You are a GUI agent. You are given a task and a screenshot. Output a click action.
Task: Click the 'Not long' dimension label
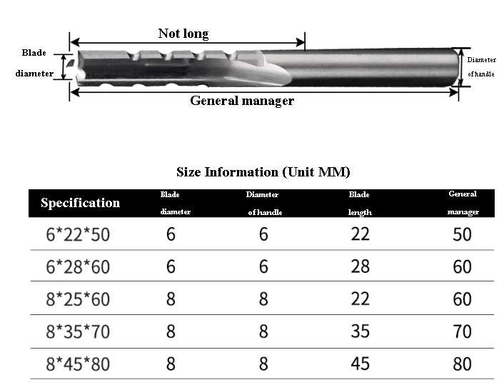tap(183, 34)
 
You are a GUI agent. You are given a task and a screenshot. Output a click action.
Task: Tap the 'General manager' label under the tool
tap(242, 101)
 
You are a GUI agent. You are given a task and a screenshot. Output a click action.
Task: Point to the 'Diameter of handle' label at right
tap(481, 67)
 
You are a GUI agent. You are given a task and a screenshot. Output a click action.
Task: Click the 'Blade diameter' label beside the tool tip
tap(34, 63)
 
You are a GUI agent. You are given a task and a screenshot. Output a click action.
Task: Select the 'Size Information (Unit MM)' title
tap(263, 172)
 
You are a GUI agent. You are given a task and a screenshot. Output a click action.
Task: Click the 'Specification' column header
tap(81, 203)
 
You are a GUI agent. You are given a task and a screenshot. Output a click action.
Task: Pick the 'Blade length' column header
tap(360, 203)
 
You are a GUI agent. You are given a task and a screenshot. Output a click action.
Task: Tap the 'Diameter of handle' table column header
tap(264, 203)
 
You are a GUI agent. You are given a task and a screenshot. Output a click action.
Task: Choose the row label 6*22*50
tap(78, 234)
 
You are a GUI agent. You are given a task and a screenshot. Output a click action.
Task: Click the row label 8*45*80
tap(78, 364)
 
